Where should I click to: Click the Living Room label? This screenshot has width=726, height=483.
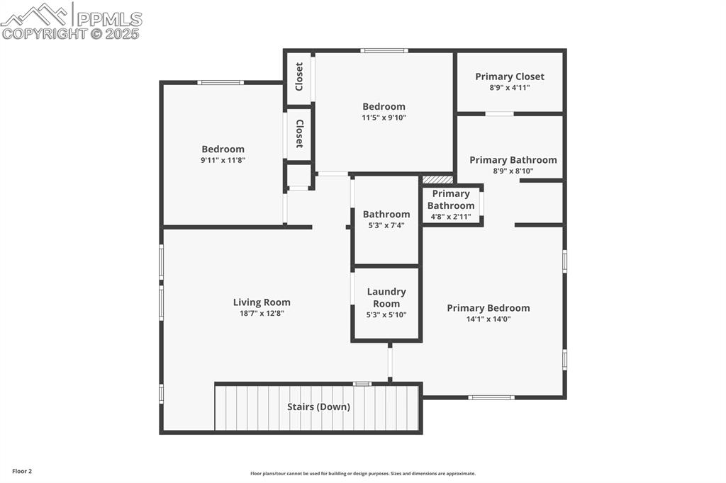(262, 302)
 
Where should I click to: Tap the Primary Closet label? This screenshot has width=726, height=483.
(510, 76)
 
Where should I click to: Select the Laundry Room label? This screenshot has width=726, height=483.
(386, 297)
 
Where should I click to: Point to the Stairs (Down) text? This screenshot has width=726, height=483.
(318, 407)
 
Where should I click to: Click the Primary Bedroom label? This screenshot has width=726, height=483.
(488, 308)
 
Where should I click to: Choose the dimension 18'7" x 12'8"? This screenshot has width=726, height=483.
(262, 313)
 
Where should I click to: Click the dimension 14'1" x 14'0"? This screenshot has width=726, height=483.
(488, 319)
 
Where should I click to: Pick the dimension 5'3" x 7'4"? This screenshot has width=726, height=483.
(386, 225)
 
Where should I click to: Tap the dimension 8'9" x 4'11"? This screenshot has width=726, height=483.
(510, 87)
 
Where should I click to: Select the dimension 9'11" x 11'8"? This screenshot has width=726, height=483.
(223, 160)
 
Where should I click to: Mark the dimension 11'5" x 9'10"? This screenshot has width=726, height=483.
(384, 118)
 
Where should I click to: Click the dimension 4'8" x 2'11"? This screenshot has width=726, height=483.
(451, 217)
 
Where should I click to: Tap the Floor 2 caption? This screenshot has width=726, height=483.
(21, 471)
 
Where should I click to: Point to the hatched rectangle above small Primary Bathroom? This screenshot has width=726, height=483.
(437, 180)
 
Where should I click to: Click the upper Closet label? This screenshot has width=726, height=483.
(299, 76)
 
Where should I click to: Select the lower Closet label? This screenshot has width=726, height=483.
(299, 133)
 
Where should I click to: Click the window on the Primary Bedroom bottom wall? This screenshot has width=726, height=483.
(491, 397)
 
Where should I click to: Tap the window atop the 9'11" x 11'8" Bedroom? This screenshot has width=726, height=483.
(220, 83)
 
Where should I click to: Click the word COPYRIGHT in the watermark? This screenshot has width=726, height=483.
(44, 33)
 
